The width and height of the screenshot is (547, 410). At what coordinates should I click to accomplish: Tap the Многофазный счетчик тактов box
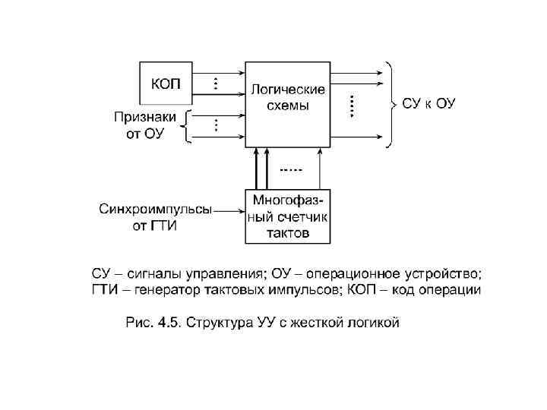288,216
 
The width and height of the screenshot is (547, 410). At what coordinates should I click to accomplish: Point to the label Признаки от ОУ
144,125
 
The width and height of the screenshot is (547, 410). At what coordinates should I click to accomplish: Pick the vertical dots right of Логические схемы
352,105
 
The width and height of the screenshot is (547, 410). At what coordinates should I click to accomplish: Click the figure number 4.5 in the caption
168,323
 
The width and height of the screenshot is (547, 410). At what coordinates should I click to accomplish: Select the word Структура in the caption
220,323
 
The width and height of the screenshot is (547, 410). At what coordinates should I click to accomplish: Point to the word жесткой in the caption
318,323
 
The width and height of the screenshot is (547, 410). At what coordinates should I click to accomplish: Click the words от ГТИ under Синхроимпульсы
156,227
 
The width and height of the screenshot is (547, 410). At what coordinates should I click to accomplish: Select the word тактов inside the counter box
288,233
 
